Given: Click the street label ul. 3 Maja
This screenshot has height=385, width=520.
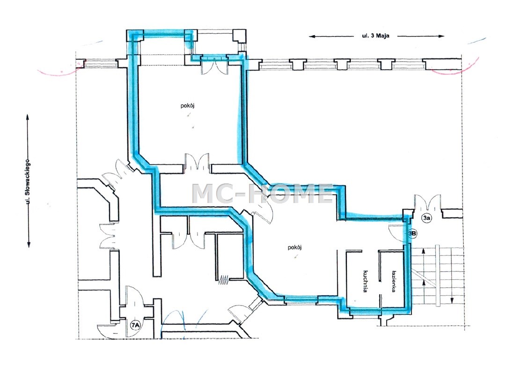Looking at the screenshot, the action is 375,36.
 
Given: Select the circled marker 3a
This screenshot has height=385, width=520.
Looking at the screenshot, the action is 426,218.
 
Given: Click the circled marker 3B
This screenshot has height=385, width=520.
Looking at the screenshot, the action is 412,233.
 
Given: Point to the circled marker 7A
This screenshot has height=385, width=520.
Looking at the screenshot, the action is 135,326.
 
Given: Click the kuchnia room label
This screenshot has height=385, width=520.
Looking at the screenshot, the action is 365,281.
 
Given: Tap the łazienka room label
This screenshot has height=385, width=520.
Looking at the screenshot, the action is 394,281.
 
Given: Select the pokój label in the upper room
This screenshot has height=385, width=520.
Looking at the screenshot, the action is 187,106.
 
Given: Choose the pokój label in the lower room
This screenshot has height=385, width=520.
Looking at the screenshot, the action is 294,247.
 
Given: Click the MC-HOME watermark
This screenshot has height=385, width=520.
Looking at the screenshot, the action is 262,194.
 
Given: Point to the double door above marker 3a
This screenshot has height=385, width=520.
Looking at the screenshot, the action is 427,202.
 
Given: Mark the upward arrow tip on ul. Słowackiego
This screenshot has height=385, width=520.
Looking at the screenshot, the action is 28,115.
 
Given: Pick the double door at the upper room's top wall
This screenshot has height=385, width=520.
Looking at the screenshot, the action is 214,66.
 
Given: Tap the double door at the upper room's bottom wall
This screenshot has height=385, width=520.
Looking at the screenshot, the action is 198,162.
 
